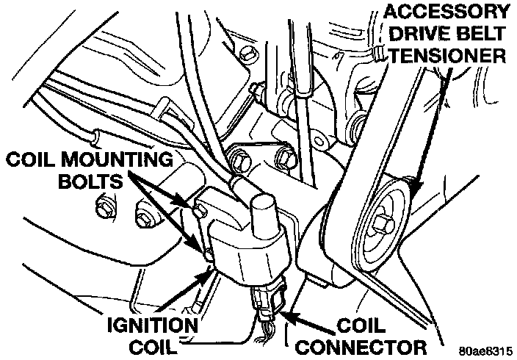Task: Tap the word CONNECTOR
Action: click(x=368, y=345)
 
